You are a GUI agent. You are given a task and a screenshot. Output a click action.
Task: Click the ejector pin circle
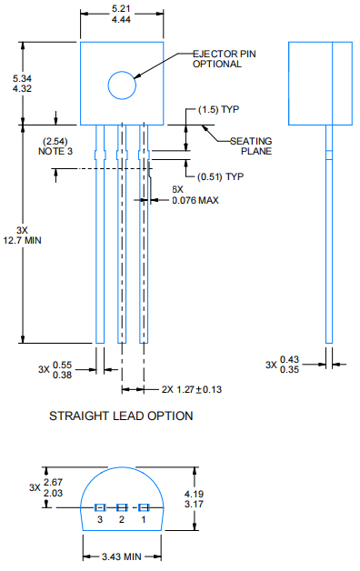(122, 85)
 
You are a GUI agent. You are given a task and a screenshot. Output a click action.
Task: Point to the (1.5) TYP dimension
(218, 109)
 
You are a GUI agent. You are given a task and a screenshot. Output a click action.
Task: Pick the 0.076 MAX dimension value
(195, 200)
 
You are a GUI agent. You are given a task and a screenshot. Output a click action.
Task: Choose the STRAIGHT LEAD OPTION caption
(121, 416)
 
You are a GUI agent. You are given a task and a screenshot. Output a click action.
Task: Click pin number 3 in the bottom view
(100, 520)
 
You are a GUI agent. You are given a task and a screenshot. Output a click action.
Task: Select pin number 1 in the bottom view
(143, 520)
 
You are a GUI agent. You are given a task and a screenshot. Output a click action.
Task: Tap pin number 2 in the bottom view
(121, 520)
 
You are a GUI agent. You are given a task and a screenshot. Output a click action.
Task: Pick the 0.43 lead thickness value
(290, 359)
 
